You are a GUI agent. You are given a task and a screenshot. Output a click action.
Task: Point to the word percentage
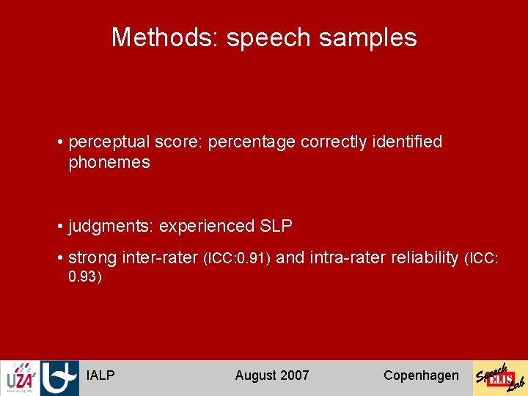tap(252, 142)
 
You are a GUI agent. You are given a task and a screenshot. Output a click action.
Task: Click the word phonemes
tap(109, 163)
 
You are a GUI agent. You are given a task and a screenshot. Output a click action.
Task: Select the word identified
tap(408, 142)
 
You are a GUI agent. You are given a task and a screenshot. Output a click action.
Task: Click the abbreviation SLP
tap(276, 227)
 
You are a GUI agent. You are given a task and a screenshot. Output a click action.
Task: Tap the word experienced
tap(207, 227)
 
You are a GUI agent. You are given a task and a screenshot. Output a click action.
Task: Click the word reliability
tap(417, 257)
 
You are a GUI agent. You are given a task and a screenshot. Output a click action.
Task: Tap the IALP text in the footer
tap(100, 375)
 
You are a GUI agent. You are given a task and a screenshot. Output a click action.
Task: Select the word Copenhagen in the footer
tap(421, 375)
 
